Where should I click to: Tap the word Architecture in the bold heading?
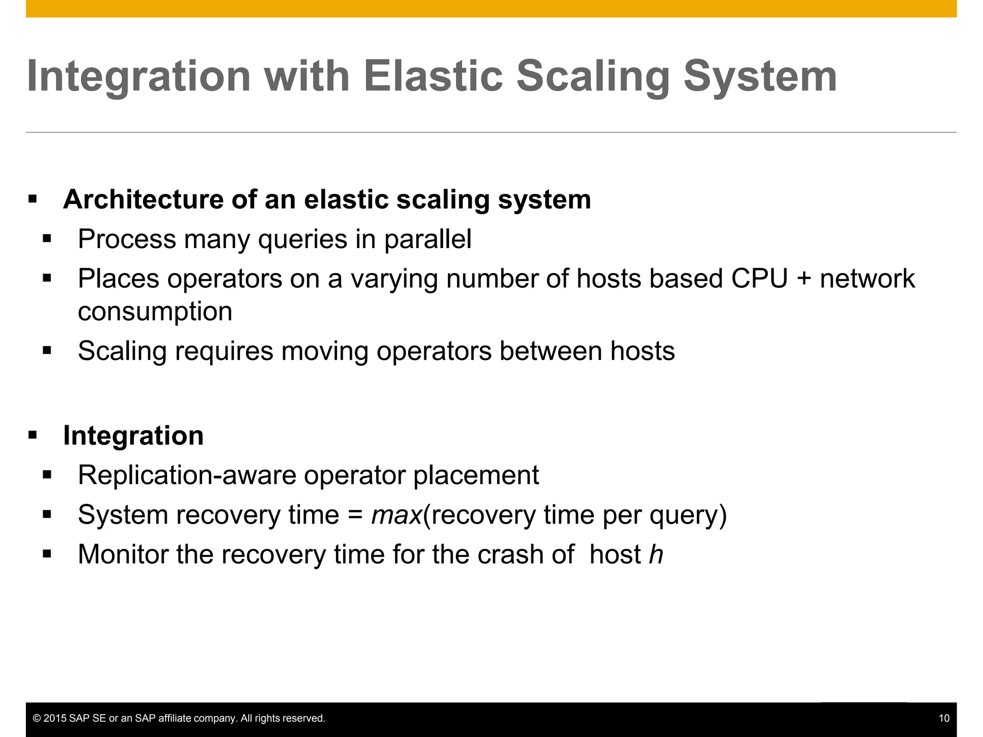click(x=143, y=199)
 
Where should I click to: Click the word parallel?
click(x=428, y=239)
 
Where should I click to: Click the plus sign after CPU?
click(x=804, y=279)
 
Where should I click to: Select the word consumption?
click(x=155, y=312)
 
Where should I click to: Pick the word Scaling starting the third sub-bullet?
click(x=122, y=351)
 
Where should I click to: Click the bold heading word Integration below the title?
click(x=133, y=436)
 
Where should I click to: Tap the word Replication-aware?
click(x=187, y=475)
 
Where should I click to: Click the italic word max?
click(x=396, y=515)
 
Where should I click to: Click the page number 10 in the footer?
click(x=944, y=718)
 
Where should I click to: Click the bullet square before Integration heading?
click(x=33, y=436)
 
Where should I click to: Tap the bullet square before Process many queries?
click(x=47, y=239)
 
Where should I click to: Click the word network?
click(x=867, y=279)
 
